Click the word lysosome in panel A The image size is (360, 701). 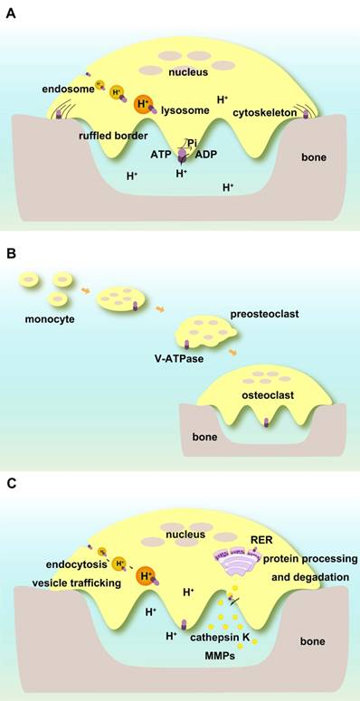click(185, 110)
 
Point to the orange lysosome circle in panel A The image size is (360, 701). click(142, 105)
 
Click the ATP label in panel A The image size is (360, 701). click(159, 155)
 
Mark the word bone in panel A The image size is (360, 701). click(314, 157)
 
